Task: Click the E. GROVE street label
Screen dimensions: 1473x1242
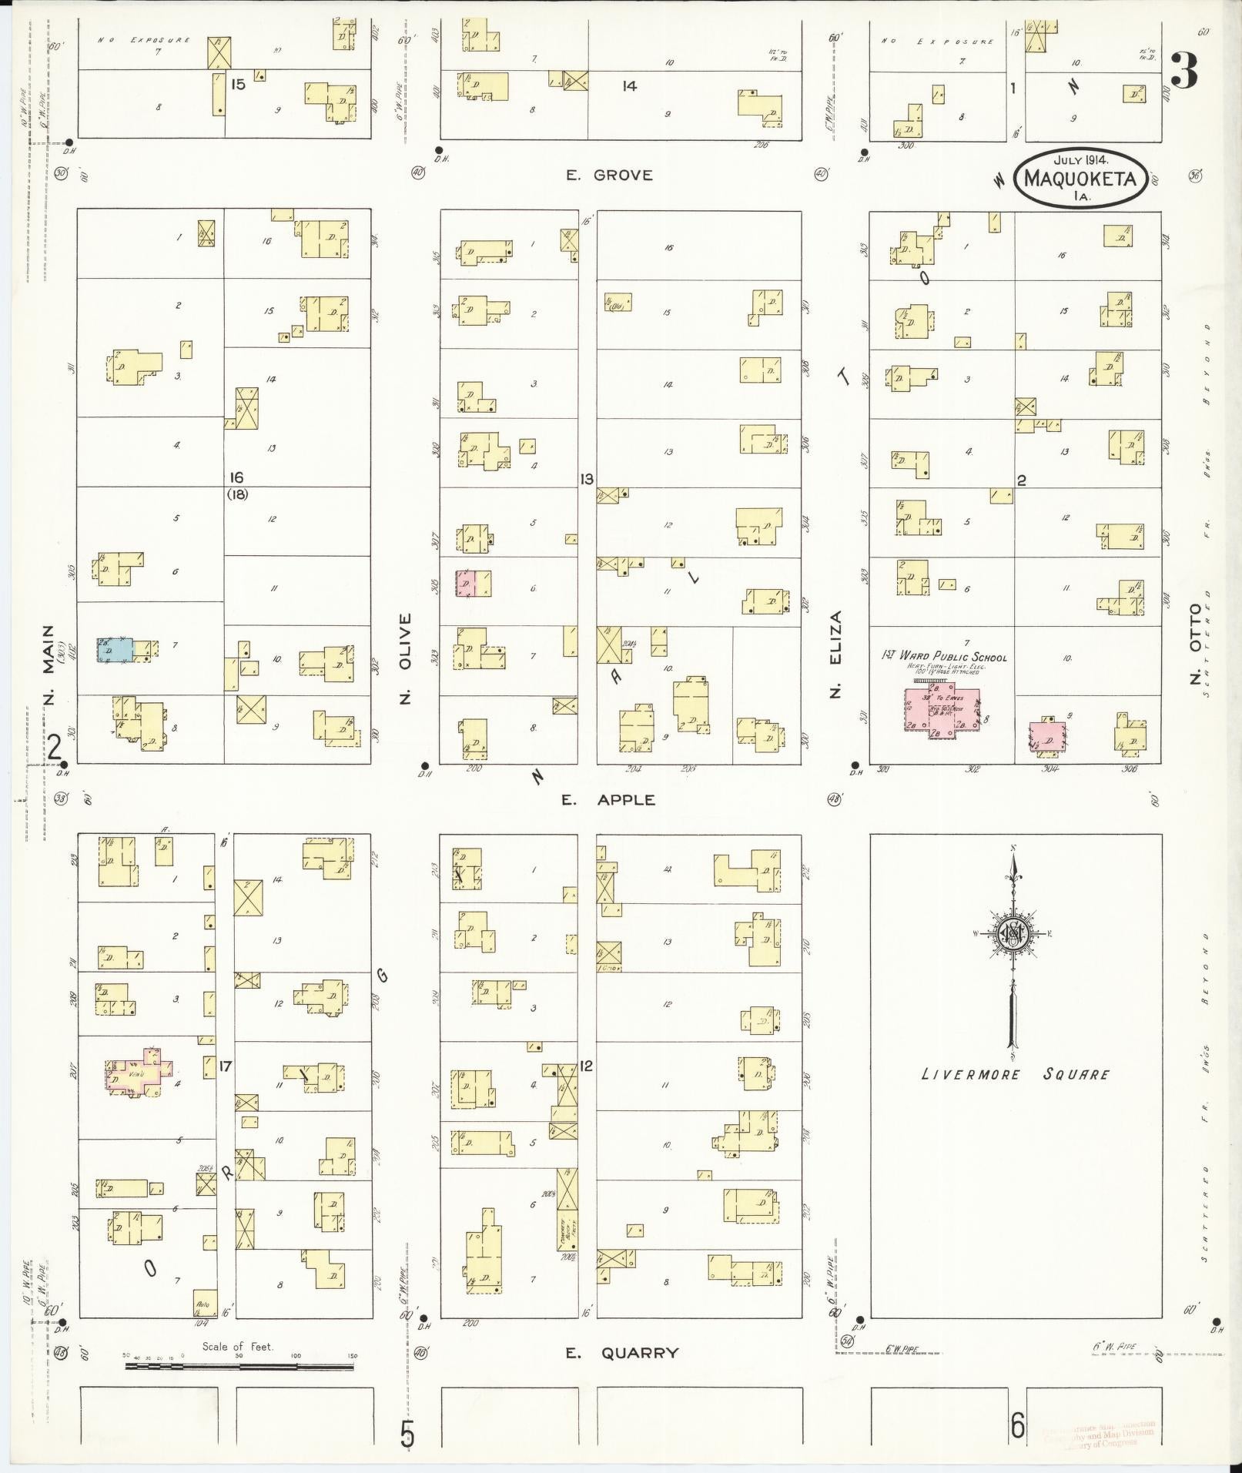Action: (608, 176)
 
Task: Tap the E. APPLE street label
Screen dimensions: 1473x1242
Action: (608, 800)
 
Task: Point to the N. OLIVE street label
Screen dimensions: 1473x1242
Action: (407, 658)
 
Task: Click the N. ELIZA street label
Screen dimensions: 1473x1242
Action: (836, 654)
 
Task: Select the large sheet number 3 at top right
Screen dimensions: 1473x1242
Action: (1183, 72)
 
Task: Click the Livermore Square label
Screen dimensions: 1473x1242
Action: (1015, 1074)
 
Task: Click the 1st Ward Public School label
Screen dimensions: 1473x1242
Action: (943, 658)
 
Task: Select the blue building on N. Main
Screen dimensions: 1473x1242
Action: (115, 649)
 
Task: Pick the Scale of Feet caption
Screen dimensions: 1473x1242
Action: (238, 1347)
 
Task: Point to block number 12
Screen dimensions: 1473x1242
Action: (587, 1066)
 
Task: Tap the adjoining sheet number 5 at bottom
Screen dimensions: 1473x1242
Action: (407, 1434)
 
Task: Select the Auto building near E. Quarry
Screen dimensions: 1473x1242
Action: (204, 1303)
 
